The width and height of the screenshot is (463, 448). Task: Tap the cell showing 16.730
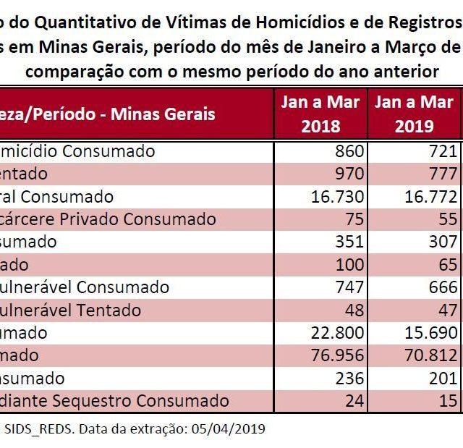tap(334, 197)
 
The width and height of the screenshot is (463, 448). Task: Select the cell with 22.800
tap(334, 333)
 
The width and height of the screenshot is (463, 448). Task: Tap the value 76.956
tap(334, 355)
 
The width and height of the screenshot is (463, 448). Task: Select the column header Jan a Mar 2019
tap(414, 114)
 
